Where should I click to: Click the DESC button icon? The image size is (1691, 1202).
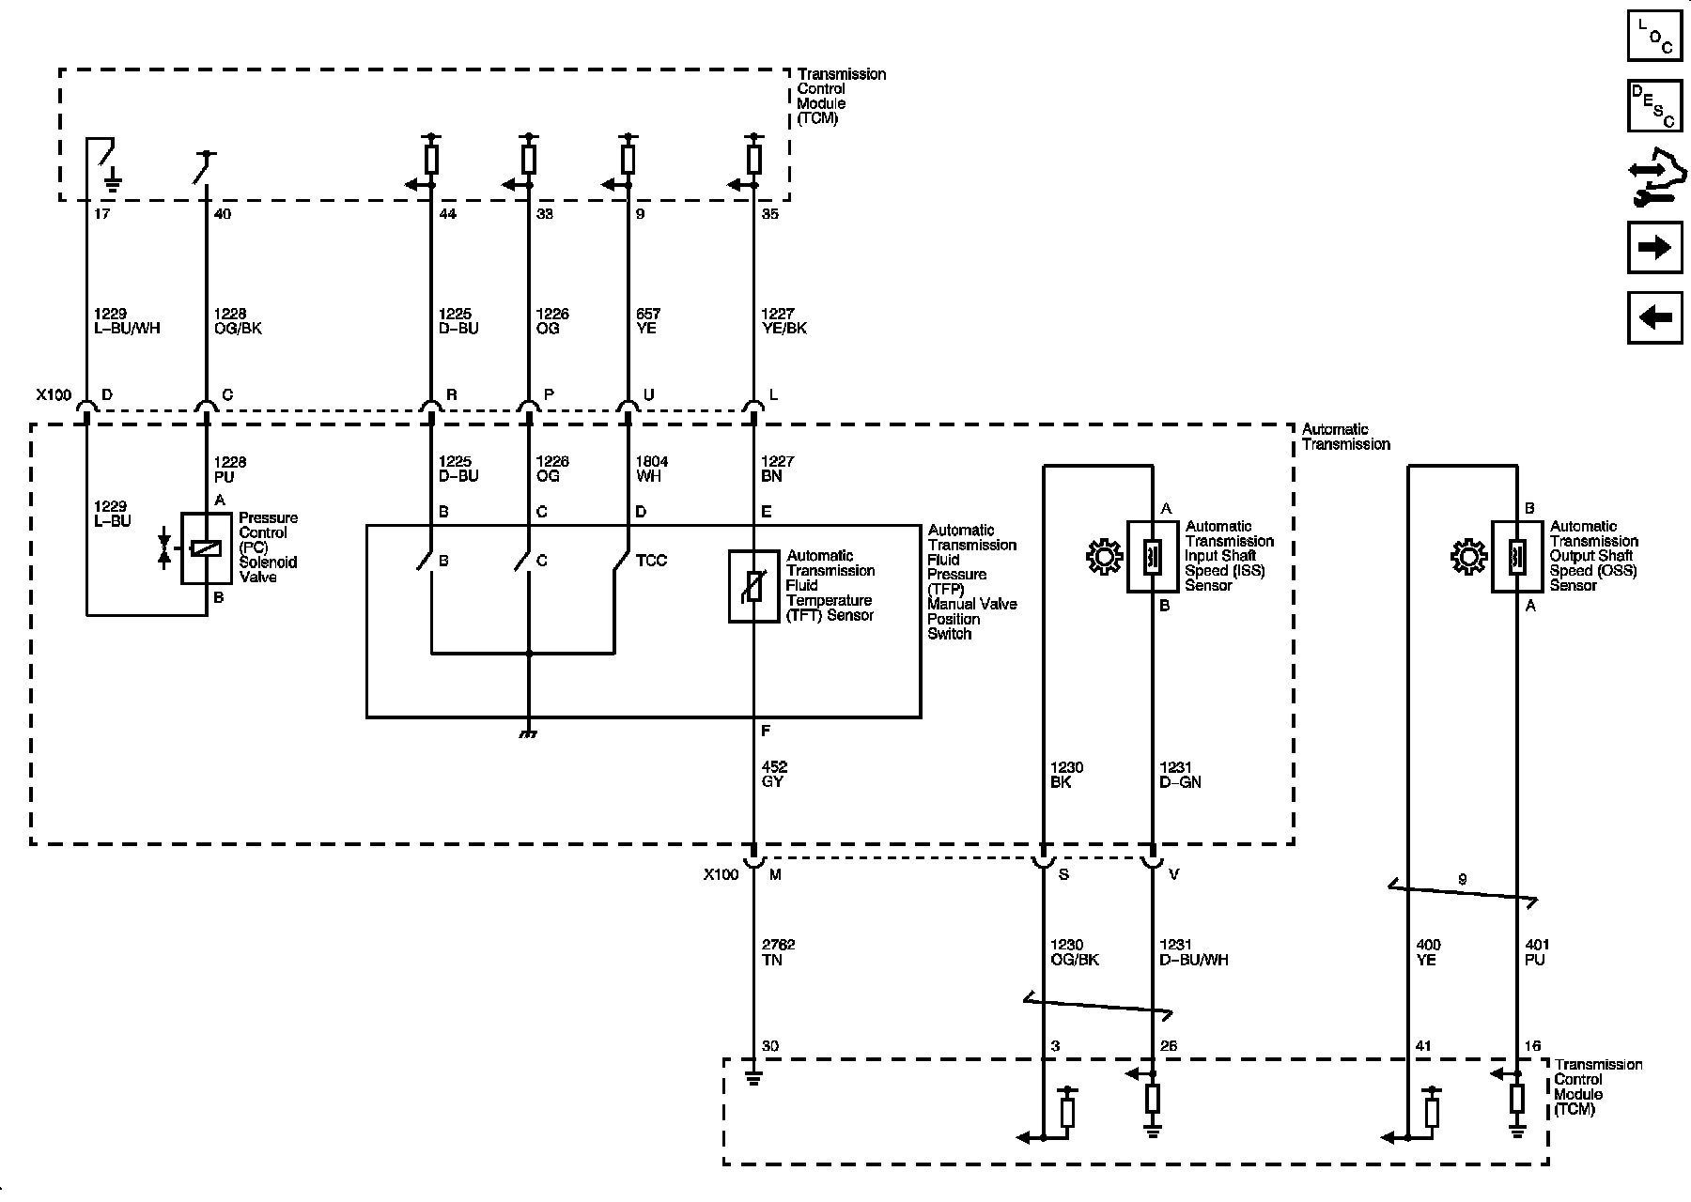pyautogui.click(x=1654, y=105)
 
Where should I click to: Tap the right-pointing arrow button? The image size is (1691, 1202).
pyautogui.click(x=1654, y=247)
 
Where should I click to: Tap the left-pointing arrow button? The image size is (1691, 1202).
pyautogui.click(x=1654, y=317)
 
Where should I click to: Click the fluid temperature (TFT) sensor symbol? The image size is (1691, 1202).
pyautogui.click(x=753, y=586)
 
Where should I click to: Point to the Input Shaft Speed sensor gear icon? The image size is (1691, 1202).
pyautogui.click(x=1103, y=558)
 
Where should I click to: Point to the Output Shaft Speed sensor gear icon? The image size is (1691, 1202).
pyautogui.click(x=1468, y=558)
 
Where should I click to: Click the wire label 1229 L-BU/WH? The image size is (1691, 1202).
pyautogui.click(x=127, y=321)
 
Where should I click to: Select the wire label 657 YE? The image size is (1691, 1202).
pyautogui.click(x=646, y=321)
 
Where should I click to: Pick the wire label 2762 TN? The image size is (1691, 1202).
pyautogui.click(x=779, y=952)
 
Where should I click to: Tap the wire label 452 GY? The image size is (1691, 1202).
pyautogui.click(x=772, y=774)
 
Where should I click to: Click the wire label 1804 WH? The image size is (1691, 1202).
pyautogui.click(x=652, y=469)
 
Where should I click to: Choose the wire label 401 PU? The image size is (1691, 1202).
pyautogui.click(x=1537, y=952)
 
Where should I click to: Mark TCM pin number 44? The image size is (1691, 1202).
pyautogui.click(x=448, y=214)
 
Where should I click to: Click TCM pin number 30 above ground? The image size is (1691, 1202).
pyautogui.click(x=770, y=1046)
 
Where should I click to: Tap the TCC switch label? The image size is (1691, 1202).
pyautogui.click(x=651, y=561)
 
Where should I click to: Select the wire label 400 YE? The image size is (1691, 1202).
pyautogui.click(x=1427, y=952)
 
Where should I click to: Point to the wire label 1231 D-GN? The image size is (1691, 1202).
pyautogui.click(x=1180, y=774)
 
